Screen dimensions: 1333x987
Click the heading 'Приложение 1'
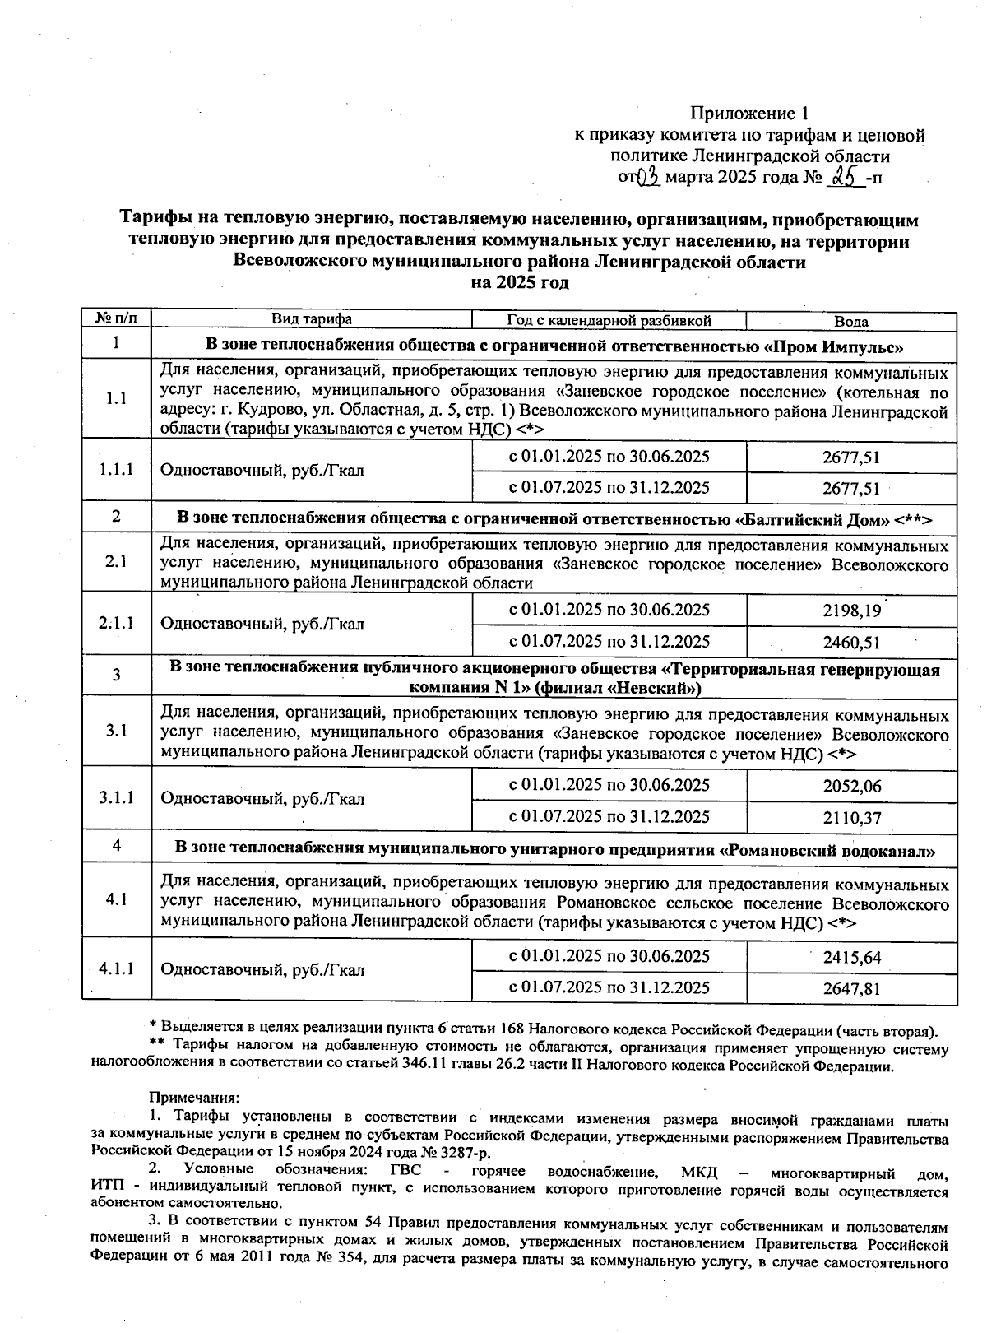[x=749, y=113]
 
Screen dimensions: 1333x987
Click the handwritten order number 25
[x=844, y=176]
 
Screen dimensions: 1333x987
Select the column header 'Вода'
[x=850, y=322]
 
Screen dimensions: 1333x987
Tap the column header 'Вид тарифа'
[x=312, y=319]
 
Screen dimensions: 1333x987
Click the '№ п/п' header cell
[x=116, y=318]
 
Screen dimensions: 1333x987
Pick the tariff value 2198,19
[x=851, y=611]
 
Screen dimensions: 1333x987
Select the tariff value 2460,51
[x=851, y=643]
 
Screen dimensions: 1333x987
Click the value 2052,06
[x=851, y=786]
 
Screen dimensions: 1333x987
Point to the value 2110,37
[x=851, y=818]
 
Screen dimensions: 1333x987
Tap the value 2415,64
[x=851, y=958]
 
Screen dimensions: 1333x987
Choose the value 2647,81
[x=851, y=988]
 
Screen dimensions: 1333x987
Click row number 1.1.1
[x=116, y=470]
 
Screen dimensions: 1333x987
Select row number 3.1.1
[x=116, y=797]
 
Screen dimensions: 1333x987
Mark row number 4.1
[x=116, y=899]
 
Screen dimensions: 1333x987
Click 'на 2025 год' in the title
[x=519, y=283]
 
